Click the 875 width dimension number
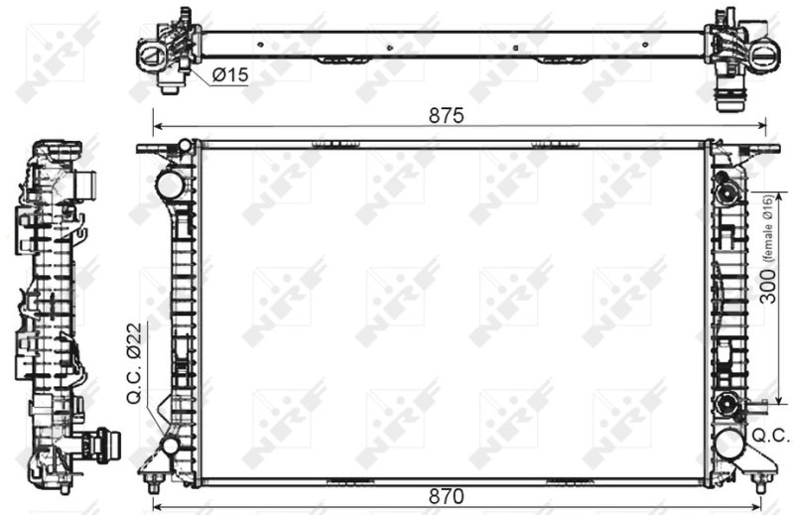[x=446, y=115]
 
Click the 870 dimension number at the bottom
[x=446, y=496]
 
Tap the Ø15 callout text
[x=231, y=75]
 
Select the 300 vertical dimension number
[x=768, y=287]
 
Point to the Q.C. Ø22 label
[x=135, y=363]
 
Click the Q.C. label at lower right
[x=771, y=435]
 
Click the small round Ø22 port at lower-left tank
[x=170, y=447]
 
